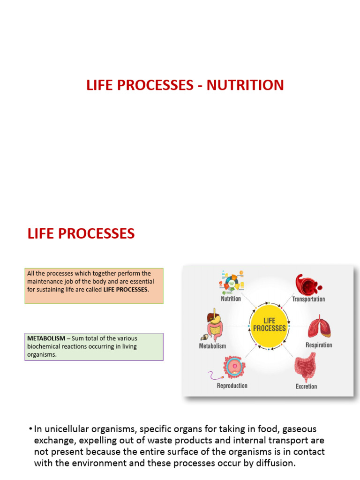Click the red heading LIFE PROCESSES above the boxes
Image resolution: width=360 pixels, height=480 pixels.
click(81, 233)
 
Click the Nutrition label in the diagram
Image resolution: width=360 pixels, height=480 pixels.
click(231, 299)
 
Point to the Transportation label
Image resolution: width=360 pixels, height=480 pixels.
click(308, 299)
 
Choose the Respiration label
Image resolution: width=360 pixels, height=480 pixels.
click(319, 345)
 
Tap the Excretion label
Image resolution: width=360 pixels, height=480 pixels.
click(306, 386)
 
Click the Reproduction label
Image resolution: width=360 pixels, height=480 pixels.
click(232, 386)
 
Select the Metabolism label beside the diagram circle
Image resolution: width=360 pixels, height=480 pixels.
click(212, 346)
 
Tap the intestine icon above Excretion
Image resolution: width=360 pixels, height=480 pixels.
click(305, 367)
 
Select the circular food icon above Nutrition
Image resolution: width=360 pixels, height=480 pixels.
click(231, 282)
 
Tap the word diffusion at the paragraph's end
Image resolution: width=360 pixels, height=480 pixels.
click(272, 463)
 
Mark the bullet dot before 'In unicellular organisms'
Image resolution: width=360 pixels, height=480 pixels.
click(30, 429)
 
